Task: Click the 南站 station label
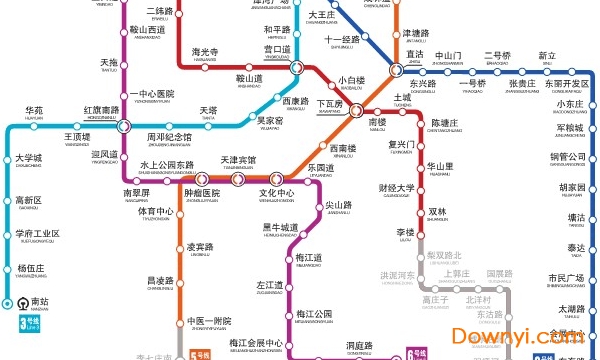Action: (x=39, y=300)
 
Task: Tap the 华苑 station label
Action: (x=34, y=111)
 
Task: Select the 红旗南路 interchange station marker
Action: (x=123, y=126)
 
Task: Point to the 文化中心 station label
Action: (x=277, y=193)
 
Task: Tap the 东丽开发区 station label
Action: (x=567, y=84)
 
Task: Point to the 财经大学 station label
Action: (x=396, y=188)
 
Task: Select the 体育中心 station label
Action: (x=155, y=212)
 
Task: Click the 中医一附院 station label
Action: (x=209, y=321)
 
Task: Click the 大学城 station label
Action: (x=29, y=158)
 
